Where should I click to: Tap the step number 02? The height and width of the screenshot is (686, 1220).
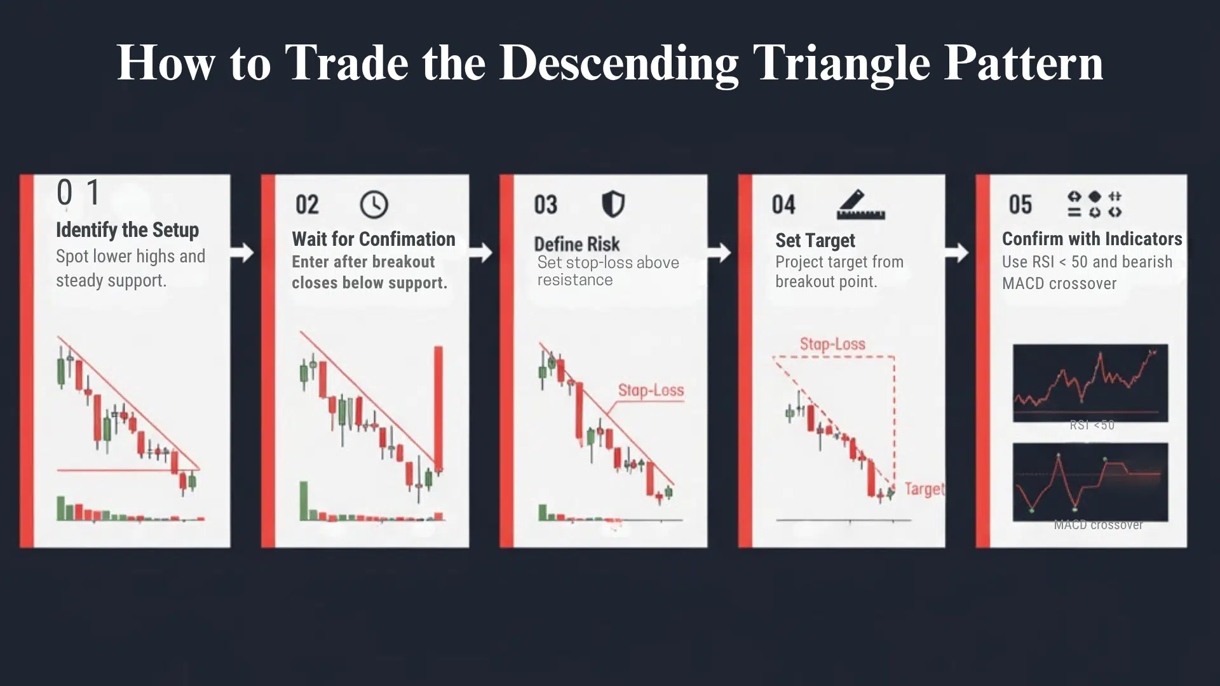tap(307, 205)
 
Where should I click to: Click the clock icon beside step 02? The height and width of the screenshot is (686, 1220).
tap(374, 205)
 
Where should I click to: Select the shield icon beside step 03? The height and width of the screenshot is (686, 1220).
tap(613, 205)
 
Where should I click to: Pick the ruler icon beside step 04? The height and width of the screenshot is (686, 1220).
tap(860, 205)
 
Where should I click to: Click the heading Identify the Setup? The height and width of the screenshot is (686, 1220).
tap(127, 230)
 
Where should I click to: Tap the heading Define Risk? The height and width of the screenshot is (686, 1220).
tap(576, 244)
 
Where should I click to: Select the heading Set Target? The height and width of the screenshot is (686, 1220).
tap(815, 241)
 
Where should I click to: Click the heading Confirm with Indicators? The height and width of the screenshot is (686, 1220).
tap(1092, 239)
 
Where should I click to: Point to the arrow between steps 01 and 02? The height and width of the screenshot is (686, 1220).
tap(241, 253)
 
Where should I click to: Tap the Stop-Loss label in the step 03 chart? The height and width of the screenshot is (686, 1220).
tap(651, 390)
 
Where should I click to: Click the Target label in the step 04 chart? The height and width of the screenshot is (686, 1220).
tap(924, 488)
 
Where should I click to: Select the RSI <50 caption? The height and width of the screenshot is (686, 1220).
tap(1092, 425)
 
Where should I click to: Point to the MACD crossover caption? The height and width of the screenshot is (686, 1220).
tap(1098, 525)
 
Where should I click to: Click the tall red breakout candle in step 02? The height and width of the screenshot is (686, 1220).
tap(438, 407)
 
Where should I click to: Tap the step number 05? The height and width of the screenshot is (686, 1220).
tap(1020, 205)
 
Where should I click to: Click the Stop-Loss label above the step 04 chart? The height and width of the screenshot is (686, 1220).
tap(832, 344)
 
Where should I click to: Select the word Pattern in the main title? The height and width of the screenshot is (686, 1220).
tap(1023, 64)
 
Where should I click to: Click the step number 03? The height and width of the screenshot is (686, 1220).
tap(545, 205)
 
